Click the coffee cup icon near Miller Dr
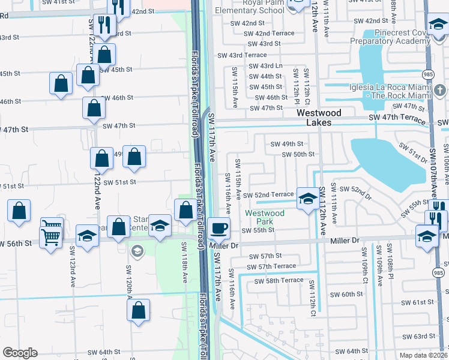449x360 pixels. [220, 227]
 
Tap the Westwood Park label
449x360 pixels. [265, 217]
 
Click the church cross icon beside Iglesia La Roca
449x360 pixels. [440, 91]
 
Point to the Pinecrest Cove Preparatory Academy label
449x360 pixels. [391, 38]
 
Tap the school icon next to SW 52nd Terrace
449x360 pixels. [307, 198]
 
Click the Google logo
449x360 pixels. [20, 353]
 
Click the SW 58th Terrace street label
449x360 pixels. [279, 281]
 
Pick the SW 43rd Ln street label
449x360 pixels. [265, 66]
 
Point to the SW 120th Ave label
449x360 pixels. [129, 281]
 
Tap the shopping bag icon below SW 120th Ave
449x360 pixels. [138, 310]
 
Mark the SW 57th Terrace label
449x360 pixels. [271, 266]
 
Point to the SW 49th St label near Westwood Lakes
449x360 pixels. [287, 144]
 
